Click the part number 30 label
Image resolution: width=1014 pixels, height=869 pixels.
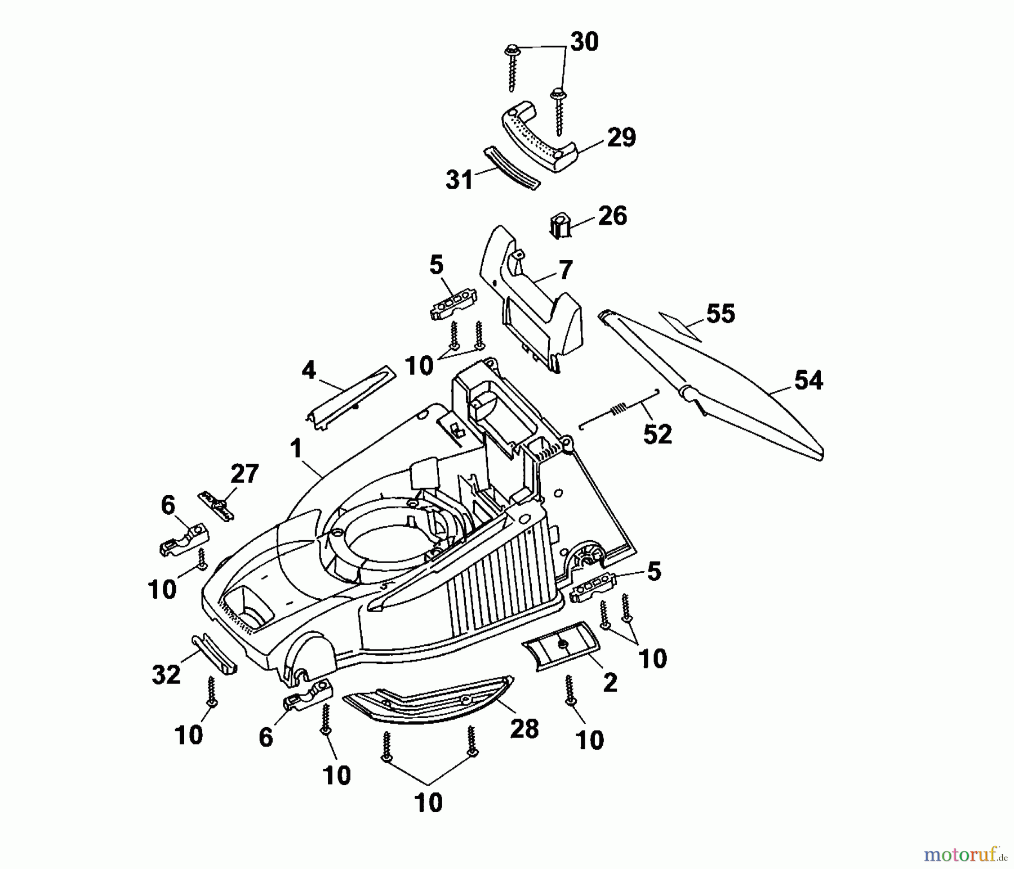[x=584, y=42]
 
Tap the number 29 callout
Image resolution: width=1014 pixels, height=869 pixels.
[x=621, y=137]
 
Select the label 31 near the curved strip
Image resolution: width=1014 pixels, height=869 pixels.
[x=459, y=180]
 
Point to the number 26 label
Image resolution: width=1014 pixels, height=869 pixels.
[x=612, y=216]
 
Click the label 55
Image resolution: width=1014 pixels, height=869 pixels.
[x=721, y=314]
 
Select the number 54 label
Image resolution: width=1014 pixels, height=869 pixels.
[x=808, y=381]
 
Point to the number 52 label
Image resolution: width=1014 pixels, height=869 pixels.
[x=657, y=434]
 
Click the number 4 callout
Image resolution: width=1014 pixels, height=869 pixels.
[x=309, y=371]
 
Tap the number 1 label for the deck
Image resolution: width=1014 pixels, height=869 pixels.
[x=296, y=449]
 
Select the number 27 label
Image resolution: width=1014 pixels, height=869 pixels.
[x=244, y=474]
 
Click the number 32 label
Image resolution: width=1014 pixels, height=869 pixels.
[x=166, y=674]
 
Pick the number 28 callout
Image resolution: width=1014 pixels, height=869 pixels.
[x=524, y=729]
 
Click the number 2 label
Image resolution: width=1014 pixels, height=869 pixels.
[x=610, y=683]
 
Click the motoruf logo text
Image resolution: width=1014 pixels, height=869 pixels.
[x=965, y=855]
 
